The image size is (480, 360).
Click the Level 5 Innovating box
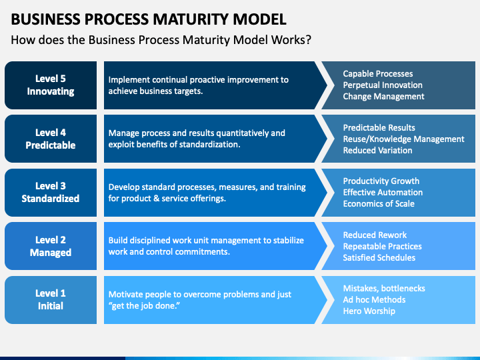pos(51,85)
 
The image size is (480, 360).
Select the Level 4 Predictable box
pos(51,139)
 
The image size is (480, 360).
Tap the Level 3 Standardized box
pos(51,193)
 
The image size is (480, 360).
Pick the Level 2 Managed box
pos(51,246)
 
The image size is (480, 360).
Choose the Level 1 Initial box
pos(51,300)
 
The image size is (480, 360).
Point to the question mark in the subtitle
pos(308,40)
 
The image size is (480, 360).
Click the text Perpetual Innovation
pos(383,85)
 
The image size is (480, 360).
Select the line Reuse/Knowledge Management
pos(403,139)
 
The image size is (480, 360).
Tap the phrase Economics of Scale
pos(379,203)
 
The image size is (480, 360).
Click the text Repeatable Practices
pos(383,247)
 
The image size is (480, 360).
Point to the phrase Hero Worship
pos(369,311)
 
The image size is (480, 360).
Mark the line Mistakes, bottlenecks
pos(384,289)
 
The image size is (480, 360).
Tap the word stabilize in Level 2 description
pos(289,240)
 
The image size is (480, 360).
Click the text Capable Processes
pos(378,74)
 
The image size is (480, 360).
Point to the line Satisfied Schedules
pos(379,258)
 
